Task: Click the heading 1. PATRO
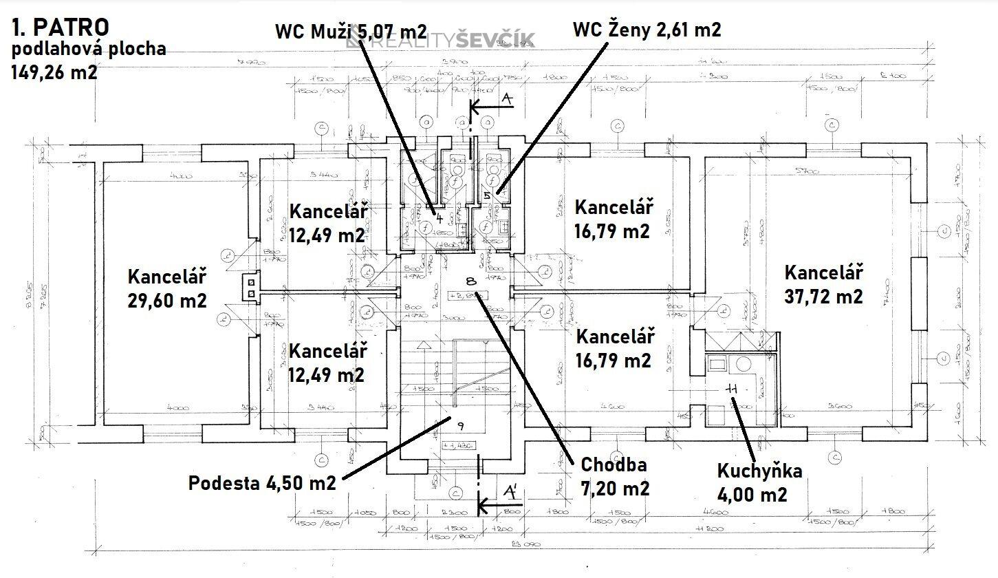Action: (60, 28)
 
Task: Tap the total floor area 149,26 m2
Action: (54, 72)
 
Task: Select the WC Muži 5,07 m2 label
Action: (351, 31)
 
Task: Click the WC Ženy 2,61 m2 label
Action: (647, 30)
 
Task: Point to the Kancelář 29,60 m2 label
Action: (167, 289)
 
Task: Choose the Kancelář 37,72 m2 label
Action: (823, 284)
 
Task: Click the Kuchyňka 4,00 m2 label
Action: (759, 482)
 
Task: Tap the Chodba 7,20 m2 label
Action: (614, 476)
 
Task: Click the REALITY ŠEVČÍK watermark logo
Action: (440, 41)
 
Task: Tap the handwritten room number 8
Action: (471, 281)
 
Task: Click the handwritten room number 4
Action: (435, 219)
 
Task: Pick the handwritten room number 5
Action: (488, 196)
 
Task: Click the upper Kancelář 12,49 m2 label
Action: (327, 222)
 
